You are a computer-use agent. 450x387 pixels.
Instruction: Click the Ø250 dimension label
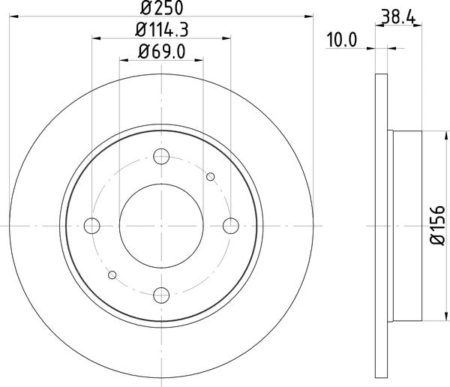point(161,10)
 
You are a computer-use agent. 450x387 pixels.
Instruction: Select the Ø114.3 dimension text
point(161,31)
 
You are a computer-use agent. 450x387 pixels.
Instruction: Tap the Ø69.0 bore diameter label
point(161,52)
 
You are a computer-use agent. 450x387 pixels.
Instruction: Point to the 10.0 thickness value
point(340,40)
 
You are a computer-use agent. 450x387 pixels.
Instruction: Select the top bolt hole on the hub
point(161,157)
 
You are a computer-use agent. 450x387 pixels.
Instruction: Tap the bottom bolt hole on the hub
point(161,293)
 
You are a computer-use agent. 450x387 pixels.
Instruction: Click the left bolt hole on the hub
point(93,225)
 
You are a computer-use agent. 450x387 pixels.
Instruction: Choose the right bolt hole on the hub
point(229,225)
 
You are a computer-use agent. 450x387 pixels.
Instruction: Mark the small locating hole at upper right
point(211,177)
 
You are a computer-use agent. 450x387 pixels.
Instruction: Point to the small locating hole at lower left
point(112,274)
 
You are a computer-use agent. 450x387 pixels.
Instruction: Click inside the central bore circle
point(161,225)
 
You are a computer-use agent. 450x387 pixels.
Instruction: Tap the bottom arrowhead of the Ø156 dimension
point(424,316)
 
